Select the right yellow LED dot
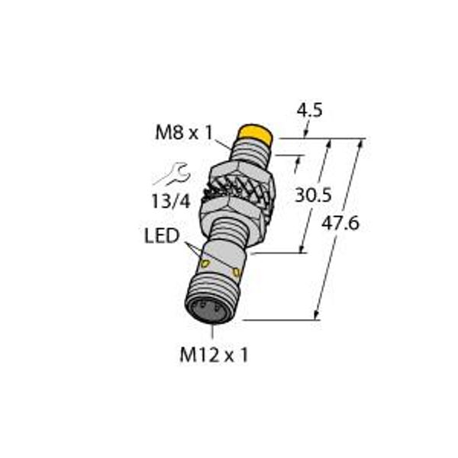237,272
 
